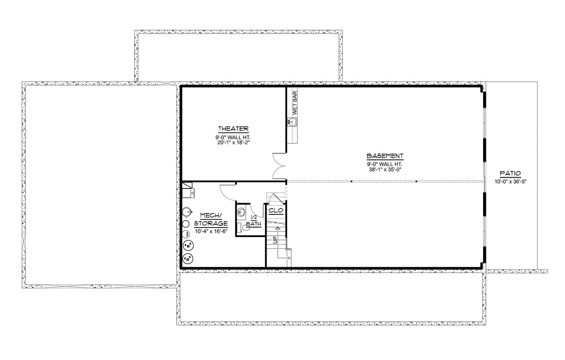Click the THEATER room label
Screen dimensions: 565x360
tap(234, 129)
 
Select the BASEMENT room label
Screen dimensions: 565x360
tap(385, 156)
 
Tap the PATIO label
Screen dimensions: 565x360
tap(510, 174)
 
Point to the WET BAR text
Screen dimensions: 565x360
tap(295, 103)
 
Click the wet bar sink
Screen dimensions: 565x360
tap(292, 122)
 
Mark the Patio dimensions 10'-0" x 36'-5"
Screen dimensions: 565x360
tap(510, 181)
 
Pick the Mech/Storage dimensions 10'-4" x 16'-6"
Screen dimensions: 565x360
tap(211, 231)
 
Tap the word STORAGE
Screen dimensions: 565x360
tap(211, 224)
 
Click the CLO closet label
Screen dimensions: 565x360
tap(276, 211)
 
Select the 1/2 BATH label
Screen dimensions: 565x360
tap(253, 221)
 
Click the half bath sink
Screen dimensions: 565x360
tap(241, 212)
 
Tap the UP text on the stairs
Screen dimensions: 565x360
tap(275, 240)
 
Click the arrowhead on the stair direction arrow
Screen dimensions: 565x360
tap(278, 228)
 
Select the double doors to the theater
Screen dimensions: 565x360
tap(279, 166)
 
